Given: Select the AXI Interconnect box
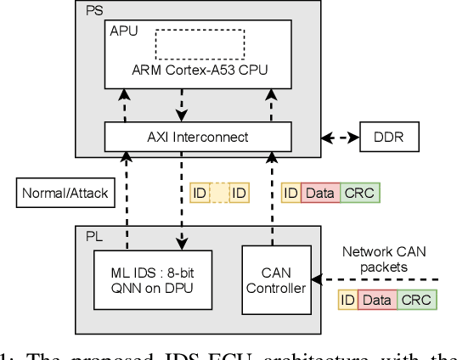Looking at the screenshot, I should [x=199, y=135].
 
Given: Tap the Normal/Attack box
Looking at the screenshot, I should [x=65, y=194].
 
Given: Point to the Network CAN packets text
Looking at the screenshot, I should [x=386, y=257].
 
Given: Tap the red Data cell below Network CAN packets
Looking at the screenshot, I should [x=377, y=300].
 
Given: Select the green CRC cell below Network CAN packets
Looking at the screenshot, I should [x=416, y=300].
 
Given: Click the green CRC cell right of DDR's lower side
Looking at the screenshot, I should [x=359, y=194].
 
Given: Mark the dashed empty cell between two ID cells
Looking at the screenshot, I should [x=218, y=194].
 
